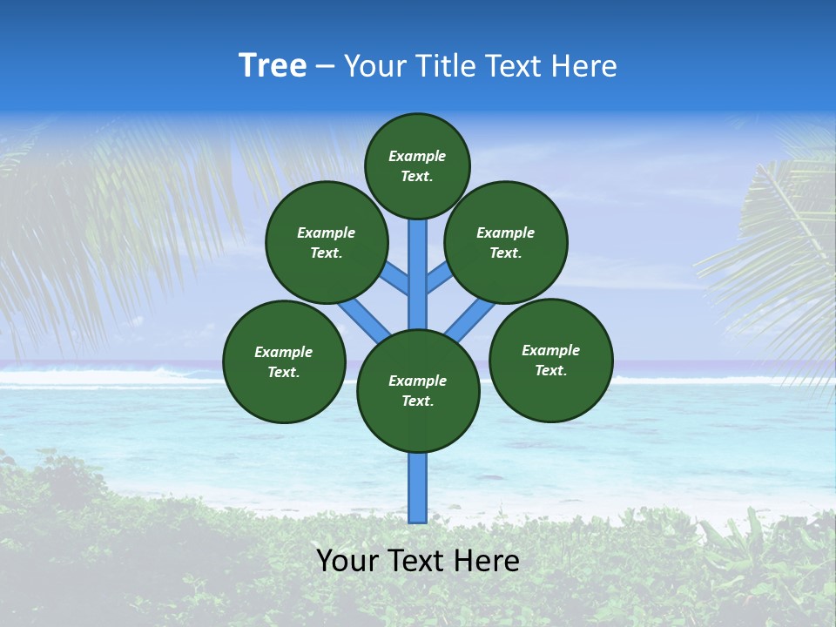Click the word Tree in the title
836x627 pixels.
pyautogui.click(x=273, y=66)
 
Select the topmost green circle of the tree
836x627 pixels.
pyautogui.click(x=417, y=165)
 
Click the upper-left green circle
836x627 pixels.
pyautogui.click(x=327, y=242)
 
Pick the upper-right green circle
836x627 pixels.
pyautogui.click(x=506, y=242)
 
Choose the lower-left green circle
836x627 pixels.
pyautogui.click(x=284, y=361)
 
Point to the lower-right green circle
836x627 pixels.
pyautogui.click(x=551, y=360)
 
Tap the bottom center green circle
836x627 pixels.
pyautogui.click(x=418, y=391)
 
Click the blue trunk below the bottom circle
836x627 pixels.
pyautogui.click(x=418, y=488)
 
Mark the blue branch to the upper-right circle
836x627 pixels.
pyautogui.click(x=438, y=279)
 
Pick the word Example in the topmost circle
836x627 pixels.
pyautogui.click(x=417, y=156)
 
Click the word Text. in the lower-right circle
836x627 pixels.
pyautogui.click(x=550, y=370)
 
